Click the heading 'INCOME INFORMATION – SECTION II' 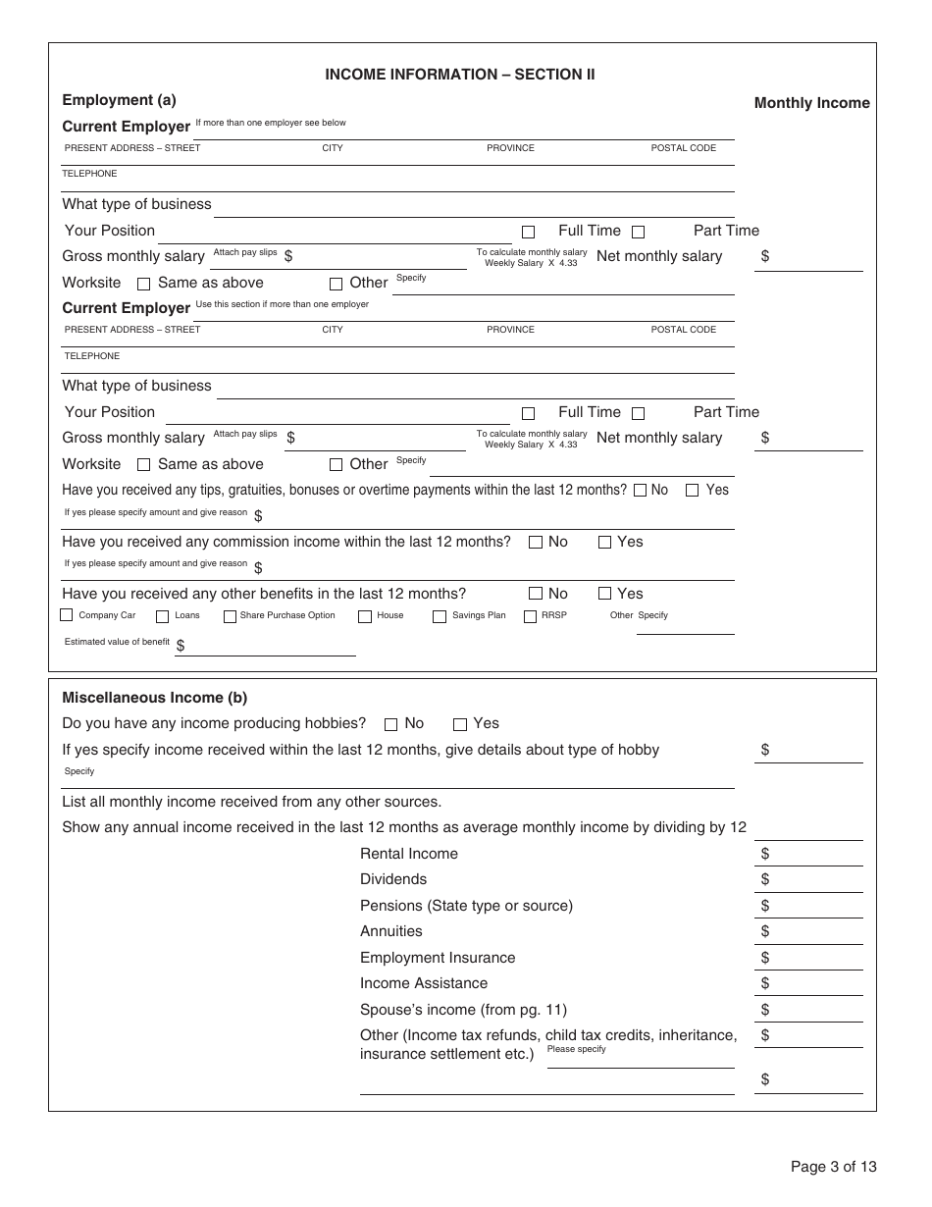459,75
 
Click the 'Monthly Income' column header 811,103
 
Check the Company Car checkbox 67,615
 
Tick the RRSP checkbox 531,616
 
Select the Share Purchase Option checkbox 230,616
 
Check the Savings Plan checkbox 440,616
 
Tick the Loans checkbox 163,616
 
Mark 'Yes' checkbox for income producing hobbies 459,724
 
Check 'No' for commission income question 536,542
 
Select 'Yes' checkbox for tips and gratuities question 692,490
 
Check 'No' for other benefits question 536,594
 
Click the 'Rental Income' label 408,854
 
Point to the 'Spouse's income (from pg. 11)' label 463,1010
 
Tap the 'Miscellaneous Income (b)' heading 154,698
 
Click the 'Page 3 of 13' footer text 833,1167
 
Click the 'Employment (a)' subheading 119,100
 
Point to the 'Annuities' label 390,931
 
